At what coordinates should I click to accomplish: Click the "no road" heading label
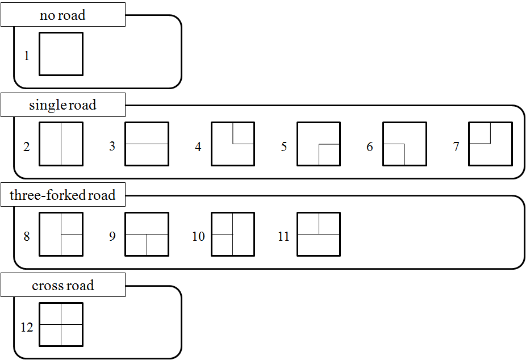62,15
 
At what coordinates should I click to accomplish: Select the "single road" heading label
62,105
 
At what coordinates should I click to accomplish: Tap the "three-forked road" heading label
62,196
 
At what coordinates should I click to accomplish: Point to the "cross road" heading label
62,286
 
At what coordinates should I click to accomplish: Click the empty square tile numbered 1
61,54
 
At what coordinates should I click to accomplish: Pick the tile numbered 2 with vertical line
61,144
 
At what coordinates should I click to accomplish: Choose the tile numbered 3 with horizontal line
147,144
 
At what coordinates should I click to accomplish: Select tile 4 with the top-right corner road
233,144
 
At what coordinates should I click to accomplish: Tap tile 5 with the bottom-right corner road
319,144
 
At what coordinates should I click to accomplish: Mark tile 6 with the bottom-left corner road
404,144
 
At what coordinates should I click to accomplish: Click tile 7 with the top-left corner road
490,144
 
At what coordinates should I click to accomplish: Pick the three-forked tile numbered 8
61,234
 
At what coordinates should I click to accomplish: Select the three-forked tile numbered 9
147,234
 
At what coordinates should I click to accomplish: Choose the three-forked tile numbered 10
233,234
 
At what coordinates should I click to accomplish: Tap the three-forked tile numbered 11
319,234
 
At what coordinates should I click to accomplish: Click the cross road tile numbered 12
61,324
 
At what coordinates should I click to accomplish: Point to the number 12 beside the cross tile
27,328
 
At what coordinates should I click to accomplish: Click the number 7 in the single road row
456,147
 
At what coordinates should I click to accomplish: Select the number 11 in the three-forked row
284,237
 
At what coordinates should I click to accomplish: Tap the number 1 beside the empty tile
27,57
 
